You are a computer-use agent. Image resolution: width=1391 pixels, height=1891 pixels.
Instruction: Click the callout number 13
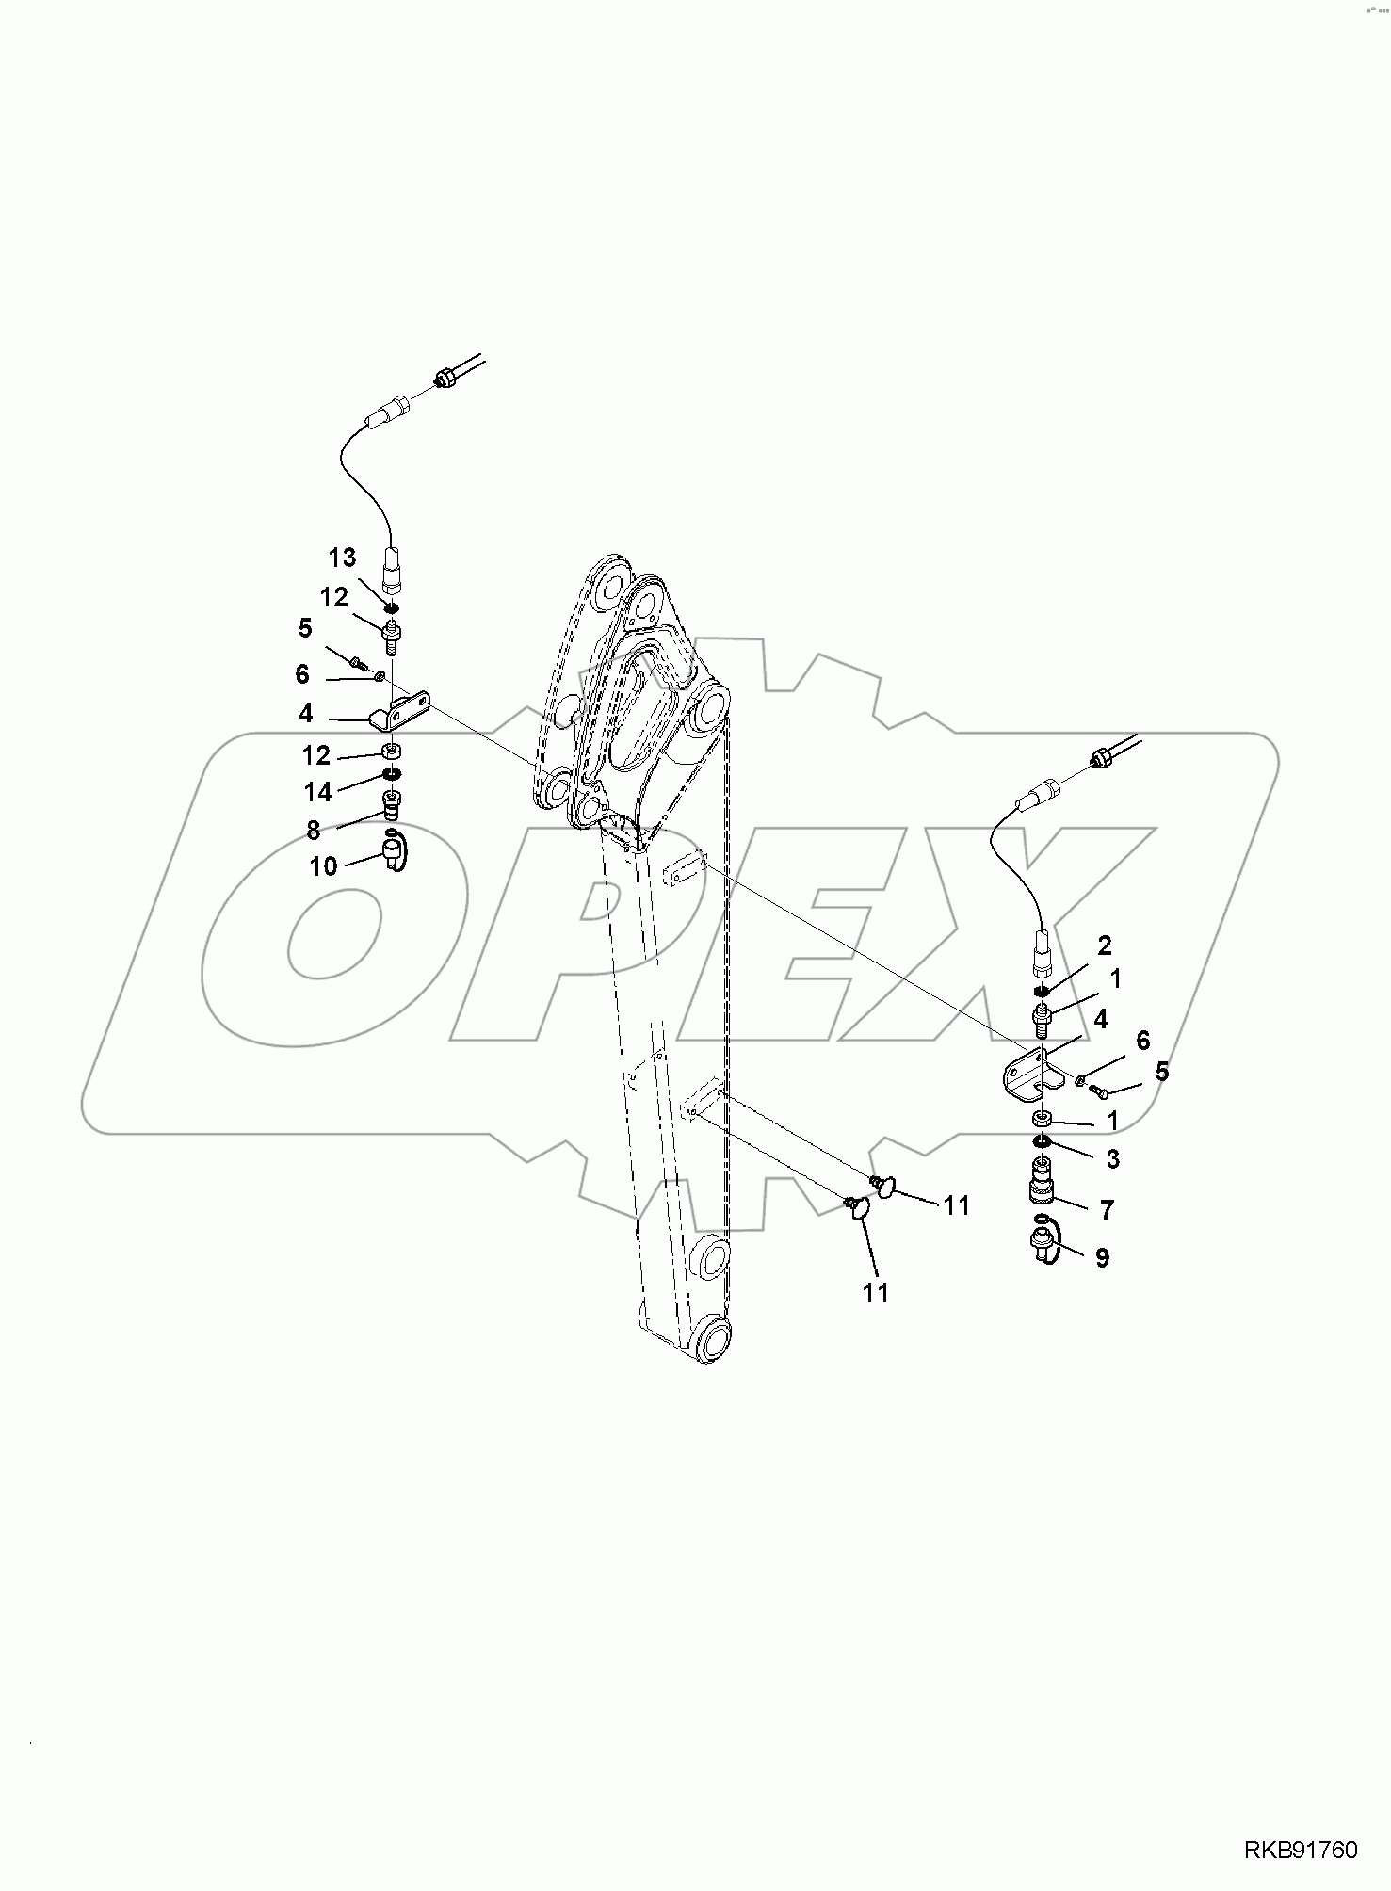342,558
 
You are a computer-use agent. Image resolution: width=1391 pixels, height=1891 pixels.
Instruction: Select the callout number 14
318,792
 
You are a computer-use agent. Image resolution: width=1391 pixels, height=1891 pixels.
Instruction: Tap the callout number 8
313,830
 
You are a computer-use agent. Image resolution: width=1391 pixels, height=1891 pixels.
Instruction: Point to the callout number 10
323,865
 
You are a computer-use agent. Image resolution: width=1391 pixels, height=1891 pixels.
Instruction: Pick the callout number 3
1112,1159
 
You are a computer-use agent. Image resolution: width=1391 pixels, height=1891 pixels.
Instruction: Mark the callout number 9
1102,1257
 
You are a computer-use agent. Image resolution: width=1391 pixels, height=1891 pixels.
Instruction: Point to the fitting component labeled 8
391,803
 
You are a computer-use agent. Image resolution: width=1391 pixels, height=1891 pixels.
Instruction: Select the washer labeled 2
1041,991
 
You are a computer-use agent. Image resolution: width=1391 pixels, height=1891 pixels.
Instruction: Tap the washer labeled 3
1041,1142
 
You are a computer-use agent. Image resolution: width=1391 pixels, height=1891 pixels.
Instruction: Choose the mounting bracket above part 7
1028,1075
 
